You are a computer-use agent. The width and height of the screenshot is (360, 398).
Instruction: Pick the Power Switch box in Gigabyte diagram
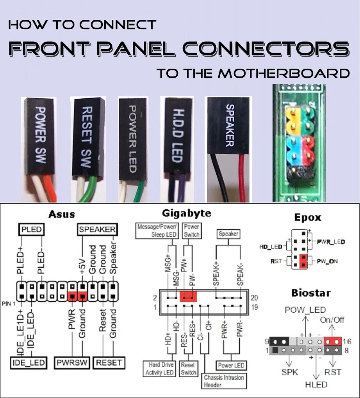tap(191, 231)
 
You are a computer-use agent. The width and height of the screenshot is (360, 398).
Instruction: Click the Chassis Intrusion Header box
tap(224, 381)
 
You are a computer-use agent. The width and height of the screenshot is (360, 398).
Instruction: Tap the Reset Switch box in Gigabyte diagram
tap(189, 369)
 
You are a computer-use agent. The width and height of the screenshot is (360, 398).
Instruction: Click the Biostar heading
tap(311, 293)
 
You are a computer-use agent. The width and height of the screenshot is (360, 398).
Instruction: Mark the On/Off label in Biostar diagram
tap(332, 320)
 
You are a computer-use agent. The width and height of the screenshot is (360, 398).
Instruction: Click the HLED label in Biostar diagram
tap(316, 385)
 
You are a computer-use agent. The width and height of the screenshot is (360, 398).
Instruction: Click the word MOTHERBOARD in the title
tap(284, 73)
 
